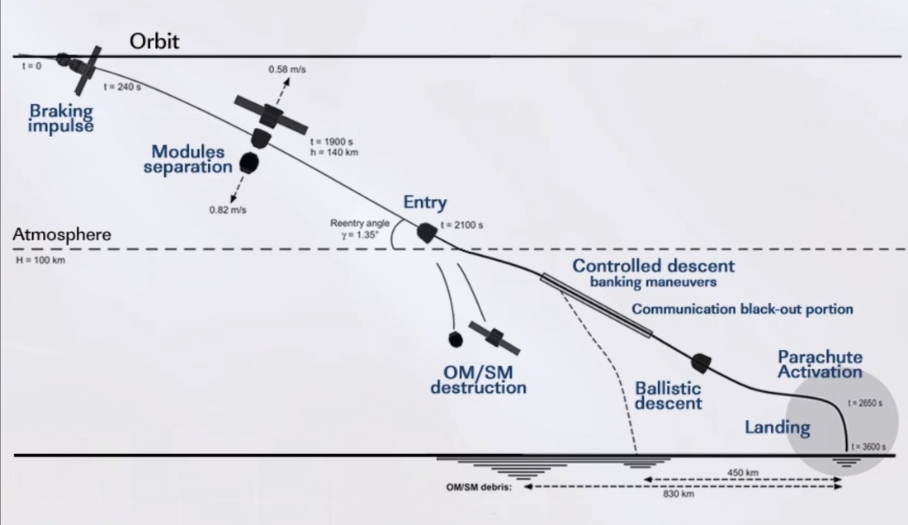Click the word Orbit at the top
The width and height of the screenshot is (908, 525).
154,41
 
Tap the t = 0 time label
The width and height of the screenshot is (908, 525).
31,65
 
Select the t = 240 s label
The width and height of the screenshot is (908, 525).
121,87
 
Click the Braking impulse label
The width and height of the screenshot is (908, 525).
61,118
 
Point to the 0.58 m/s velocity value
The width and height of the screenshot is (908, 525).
287,69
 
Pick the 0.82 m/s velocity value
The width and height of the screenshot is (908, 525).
228,210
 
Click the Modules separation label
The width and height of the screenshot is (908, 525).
188,159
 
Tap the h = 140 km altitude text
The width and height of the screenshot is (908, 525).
334,152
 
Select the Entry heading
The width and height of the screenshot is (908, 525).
425,202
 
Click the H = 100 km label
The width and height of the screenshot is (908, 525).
39,260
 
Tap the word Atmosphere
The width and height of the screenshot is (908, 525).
61,235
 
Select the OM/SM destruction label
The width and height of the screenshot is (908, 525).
478,380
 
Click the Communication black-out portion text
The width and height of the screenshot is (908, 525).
742,309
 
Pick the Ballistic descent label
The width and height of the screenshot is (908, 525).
669,395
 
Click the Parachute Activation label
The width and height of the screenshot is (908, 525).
821,364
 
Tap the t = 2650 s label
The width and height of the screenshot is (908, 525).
865,404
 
